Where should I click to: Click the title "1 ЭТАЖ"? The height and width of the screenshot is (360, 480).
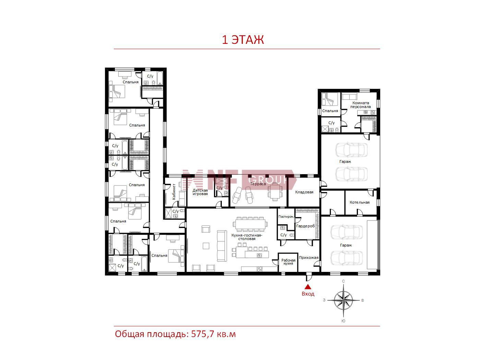point(243,39)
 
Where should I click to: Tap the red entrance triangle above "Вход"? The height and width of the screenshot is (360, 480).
point(308,287)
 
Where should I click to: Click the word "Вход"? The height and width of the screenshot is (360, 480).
point(308,294)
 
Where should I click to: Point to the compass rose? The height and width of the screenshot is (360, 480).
point(343,300)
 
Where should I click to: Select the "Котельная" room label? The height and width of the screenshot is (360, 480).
point(360,202)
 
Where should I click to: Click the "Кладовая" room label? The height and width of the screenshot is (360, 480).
point(304,192)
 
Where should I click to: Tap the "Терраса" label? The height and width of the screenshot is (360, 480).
point(258,184)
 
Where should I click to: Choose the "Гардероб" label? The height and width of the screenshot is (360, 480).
point(305,226)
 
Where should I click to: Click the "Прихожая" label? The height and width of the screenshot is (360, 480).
point(309,257)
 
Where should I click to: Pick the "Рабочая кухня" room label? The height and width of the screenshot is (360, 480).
point(288,262)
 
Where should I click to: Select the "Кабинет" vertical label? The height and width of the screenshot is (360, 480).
point(174,191)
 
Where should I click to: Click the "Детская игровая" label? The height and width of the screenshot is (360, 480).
point(200,192)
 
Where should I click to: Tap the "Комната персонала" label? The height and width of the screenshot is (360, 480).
point(361,105)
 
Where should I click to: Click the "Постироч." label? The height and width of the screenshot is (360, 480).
point(286,217)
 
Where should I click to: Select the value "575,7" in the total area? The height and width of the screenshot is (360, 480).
point(202,334)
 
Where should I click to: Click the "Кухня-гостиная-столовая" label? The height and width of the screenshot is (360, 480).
point(247,237)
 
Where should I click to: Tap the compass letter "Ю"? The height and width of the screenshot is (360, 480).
point(343,321)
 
